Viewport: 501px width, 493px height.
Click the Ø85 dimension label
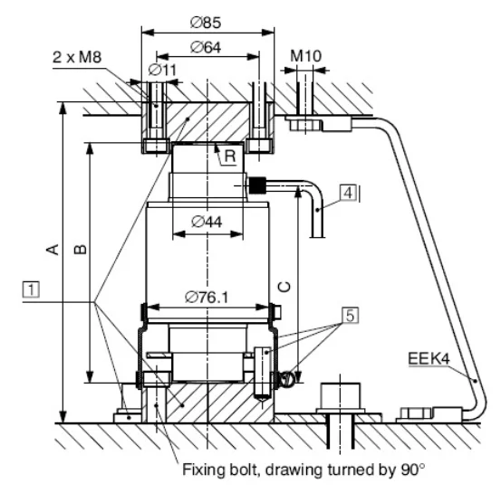click(206, 23)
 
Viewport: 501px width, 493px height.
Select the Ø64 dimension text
click(206, 47)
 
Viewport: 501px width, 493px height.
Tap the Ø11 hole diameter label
click(162, 70)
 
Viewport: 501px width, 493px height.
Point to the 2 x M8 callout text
click(77, 57)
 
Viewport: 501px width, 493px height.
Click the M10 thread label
click(305, 56)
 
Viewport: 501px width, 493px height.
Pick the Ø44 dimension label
click(207, 222)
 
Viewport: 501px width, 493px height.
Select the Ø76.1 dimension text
click(207, 298)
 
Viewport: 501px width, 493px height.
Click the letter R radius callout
click(230, 156)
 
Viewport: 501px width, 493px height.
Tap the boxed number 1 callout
click(32, 289)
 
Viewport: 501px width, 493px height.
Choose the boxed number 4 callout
click(348, 193)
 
